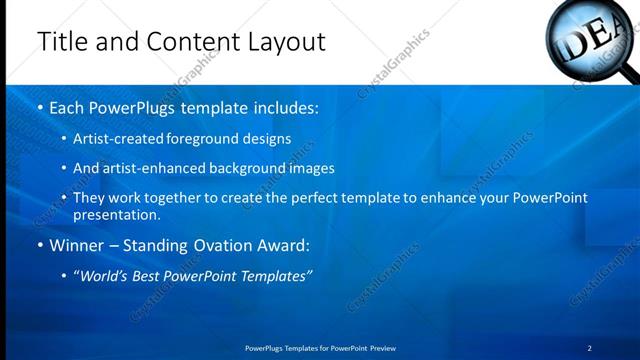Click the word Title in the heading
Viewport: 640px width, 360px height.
coord(61,42)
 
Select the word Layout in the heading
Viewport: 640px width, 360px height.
coord(282,42)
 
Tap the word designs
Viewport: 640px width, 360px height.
coord(267,138)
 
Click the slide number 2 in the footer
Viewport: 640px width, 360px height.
coord(590,348)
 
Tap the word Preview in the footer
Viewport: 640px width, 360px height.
coord(383,348)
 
